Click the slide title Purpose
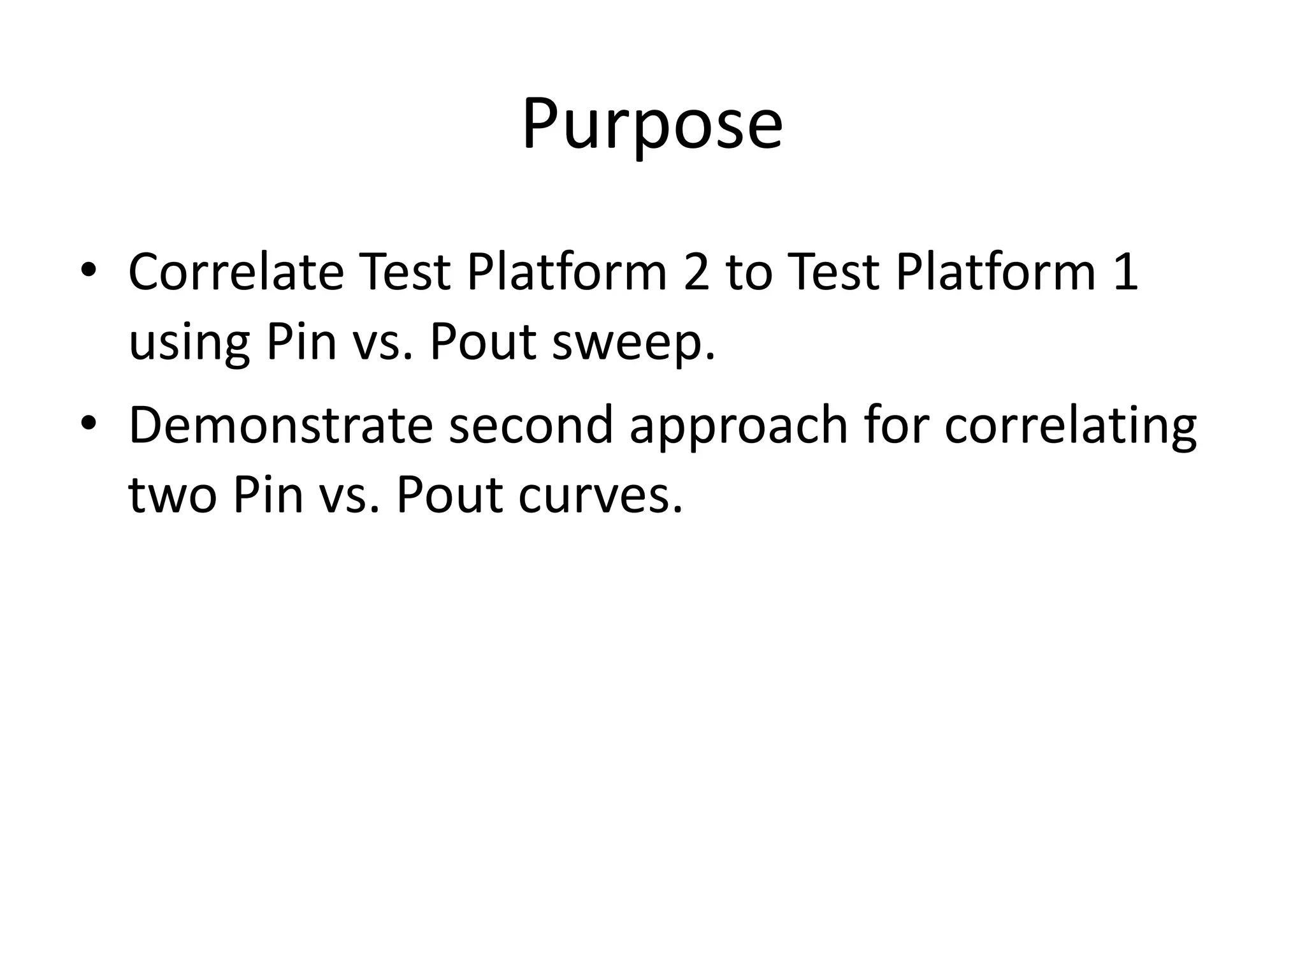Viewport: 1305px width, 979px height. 652,124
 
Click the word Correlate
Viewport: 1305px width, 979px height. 236,272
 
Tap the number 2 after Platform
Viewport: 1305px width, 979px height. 696,272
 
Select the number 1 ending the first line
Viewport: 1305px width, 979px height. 1125,272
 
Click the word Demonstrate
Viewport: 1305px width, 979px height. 280,425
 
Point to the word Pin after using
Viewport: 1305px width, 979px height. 301,342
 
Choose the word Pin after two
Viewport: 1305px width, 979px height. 268,495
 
